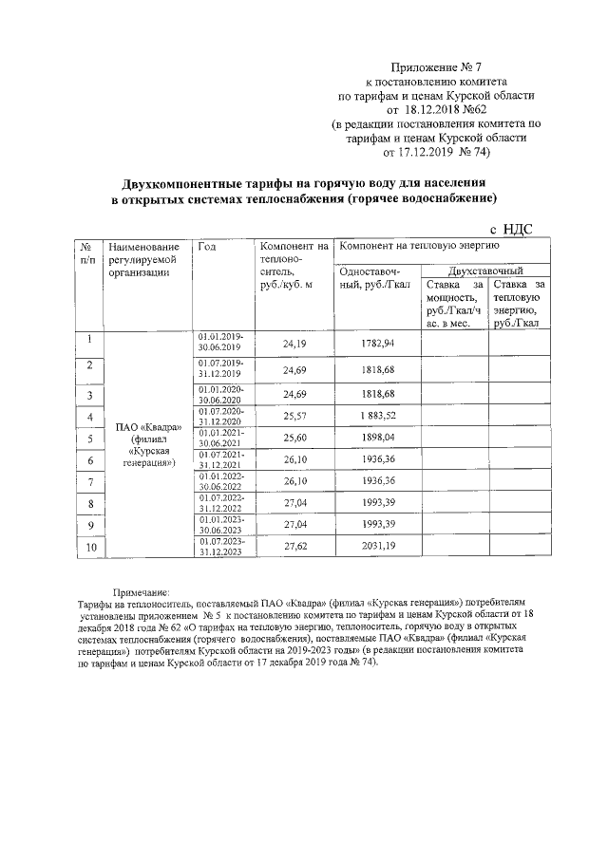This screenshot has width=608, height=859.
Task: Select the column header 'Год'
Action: click(207, 248)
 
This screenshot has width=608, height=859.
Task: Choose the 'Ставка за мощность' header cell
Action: click(454, 303)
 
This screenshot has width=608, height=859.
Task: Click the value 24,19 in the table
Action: click(295, 343)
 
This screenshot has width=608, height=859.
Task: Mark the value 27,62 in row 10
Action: click(295, 548)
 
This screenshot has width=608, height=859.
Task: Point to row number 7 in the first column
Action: click(89, 482)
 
